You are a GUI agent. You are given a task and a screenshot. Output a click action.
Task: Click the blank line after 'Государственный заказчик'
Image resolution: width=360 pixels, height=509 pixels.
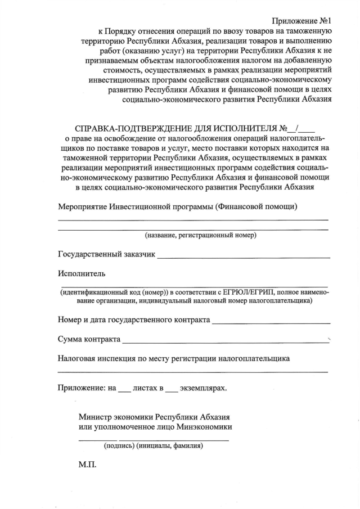(243, 256)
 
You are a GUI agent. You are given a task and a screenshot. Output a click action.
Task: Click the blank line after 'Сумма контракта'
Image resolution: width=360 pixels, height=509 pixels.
(225, 341)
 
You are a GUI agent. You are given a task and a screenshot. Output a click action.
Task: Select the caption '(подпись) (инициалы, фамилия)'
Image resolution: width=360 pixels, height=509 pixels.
(154, 446)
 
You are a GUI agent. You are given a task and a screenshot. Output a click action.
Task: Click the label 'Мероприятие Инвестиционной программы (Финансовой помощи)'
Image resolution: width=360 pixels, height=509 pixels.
(178, 206)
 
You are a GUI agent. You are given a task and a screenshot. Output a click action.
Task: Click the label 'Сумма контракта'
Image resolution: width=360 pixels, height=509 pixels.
(89, 340)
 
